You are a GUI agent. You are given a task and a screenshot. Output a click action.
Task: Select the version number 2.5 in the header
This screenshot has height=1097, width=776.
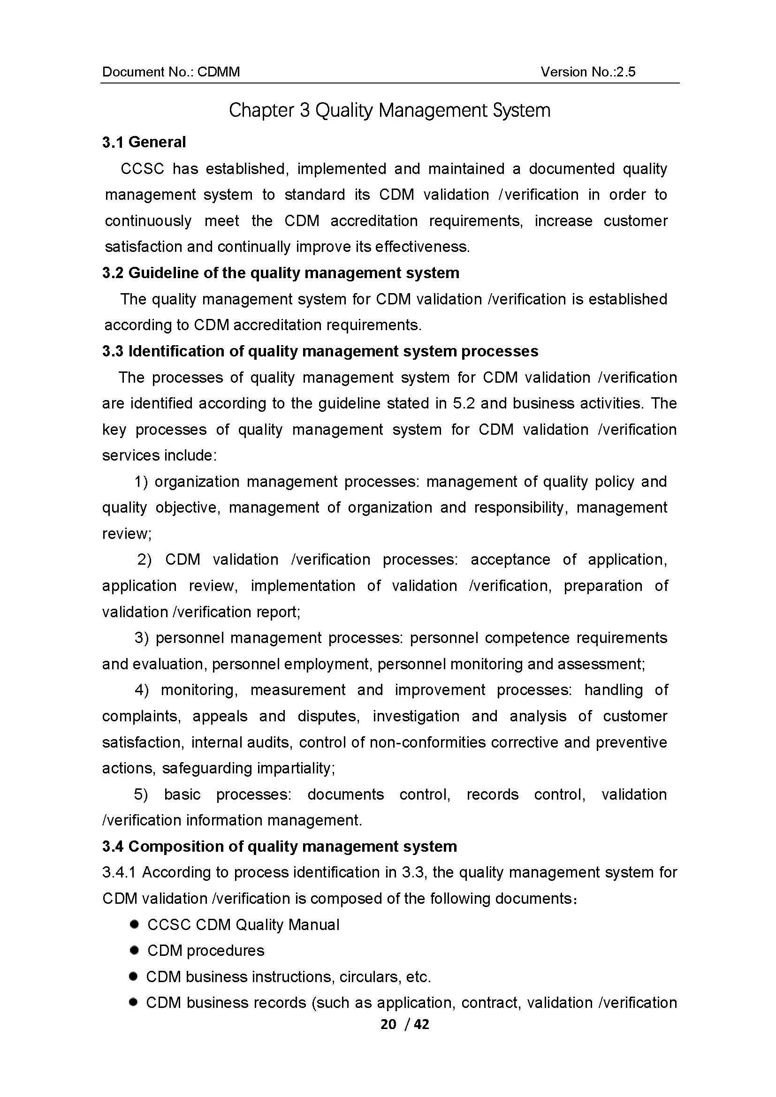626,72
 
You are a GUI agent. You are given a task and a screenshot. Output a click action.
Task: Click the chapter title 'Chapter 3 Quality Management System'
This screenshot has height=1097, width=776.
389,110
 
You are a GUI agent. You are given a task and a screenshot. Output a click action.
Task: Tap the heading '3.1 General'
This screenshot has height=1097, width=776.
144,142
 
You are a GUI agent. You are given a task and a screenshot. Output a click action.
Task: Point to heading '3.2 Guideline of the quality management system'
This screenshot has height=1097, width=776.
281,273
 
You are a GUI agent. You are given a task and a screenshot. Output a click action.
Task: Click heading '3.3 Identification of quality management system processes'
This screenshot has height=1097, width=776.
320,351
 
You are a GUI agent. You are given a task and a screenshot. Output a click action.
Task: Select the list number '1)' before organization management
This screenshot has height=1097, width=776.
141,482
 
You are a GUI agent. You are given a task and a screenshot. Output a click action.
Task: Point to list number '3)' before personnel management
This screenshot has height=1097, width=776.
142,638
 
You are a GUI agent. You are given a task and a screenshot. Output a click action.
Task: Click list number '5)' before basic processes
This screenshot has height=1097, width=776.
141,794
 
